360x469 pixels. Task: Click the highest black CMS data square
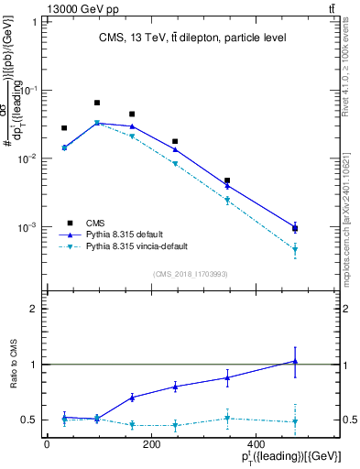click(97, 103)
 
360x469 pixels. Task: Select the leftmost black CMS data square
click(64, 128)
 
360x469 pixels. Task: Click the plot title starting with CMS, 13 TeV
click(192, 38)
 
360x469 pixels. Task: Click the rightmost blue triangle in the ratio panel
click(295, 361)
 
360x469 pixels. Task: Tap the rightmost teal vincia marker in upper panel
click(295, 249)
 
